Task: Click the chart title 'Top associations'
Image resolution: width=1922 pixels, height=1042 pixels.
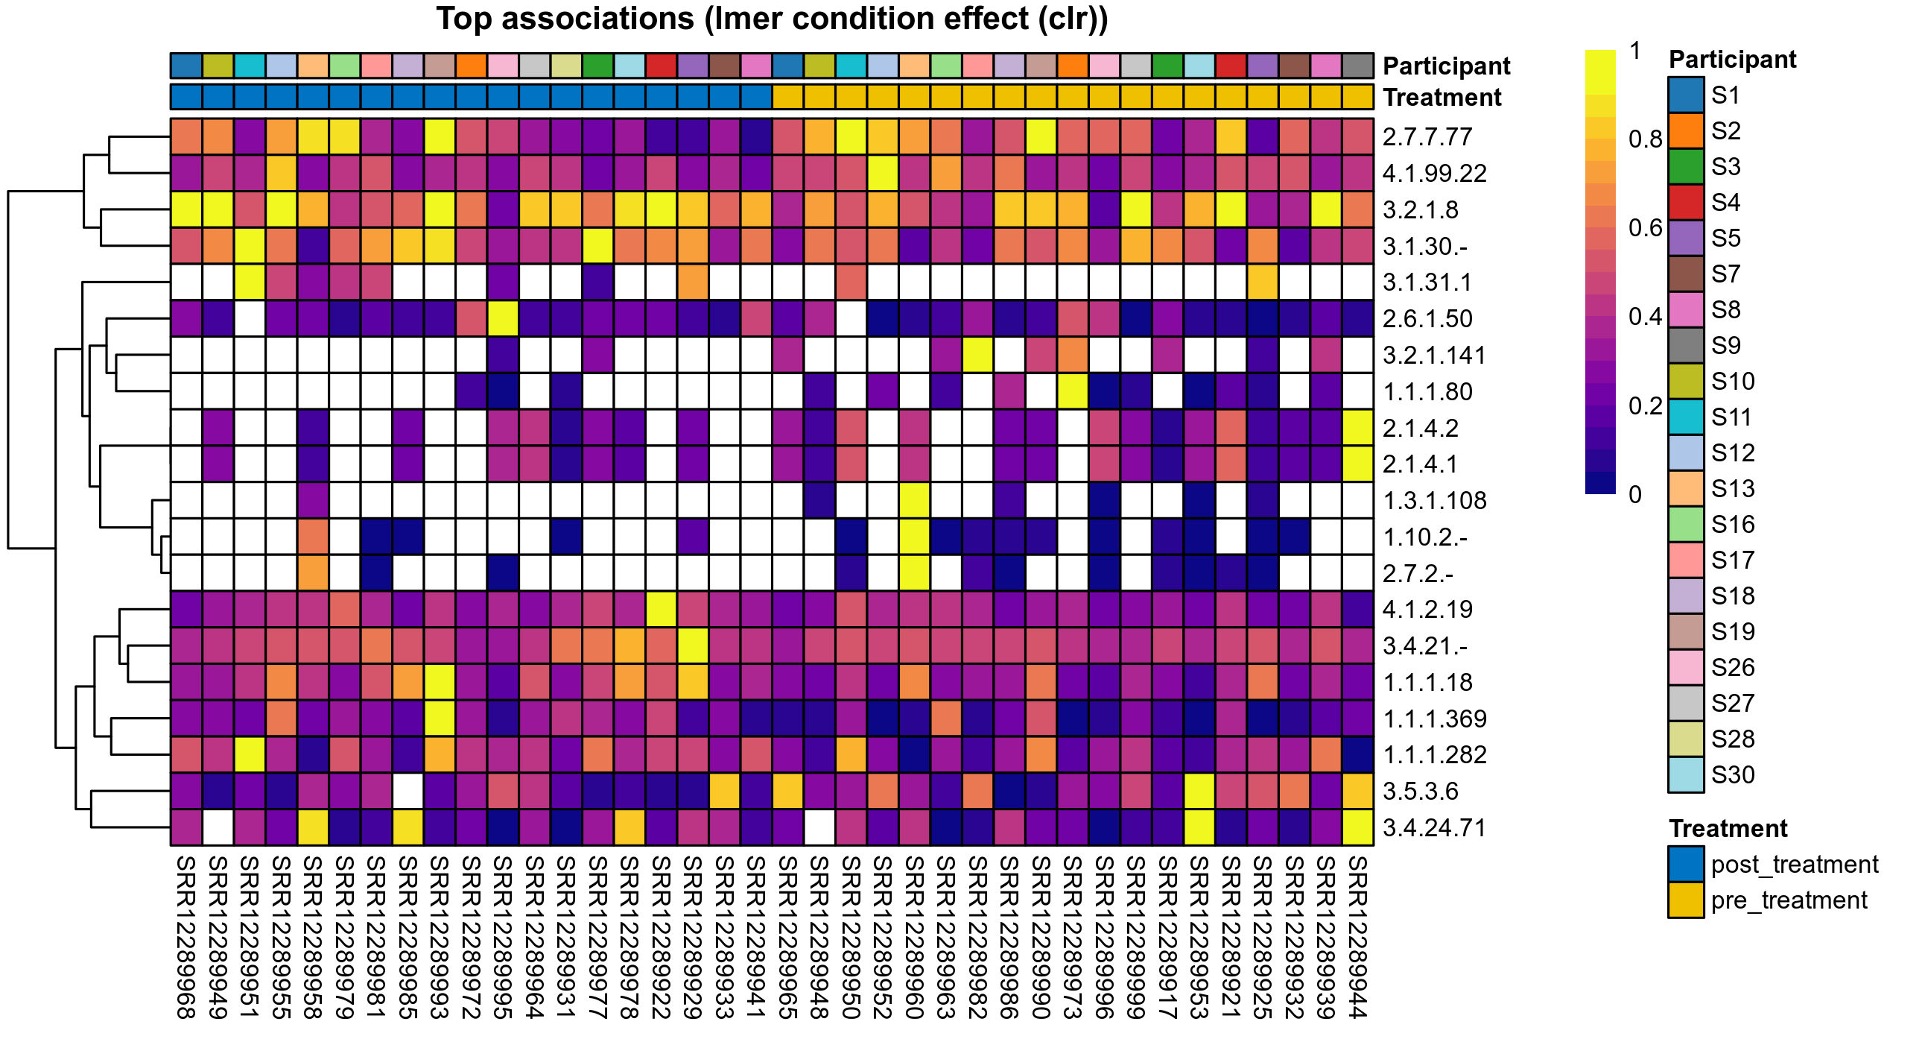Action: click(772, 19)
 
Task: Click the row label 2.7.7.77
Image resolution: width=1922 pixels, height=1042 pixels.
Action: click(1427, 137)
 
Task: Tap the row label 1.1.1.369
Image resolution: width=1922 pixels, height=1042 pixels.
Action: click(1434, 719)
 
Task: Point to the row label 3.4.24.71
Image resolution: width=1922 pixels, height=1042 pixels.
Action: click(1434, 828)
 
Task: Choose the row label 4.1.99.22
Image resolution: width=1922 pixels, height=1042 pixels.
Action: click(1434, 173)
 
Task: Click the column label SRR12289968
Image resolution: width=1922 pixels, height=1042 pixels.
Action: click(185, 938)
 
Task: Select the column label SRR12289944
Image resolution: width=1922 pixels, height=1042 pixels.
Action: click(1357, 938)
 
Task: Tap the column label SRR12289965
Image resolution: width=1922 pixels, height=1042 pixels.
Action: click(787, 938)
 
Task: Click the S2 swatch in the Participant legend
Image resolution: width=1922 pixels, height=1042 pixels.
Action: click(1686, 131)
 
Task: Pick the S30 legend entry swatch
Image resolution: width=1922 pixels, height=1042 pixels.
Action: click(1686, 774)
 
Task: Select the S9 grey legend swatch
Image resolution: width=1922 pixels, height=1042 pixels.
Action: click(1686, 346)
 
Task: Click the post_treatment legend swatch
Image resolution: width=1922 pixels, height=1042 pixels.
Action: click(1686, 865)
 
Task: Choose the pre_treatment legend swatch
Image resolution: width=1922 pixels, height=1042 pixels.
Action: click(1686, 900)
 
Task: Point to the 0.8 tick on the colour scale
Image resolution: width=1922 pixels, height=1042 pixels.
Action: click(1644, 139)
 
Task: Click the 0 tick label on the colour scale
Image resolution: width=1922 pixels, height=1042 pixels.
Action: click(1634, 495)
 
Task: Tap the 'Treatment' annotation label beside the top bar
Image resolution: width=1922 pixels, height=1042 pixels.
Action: click(1441, 98)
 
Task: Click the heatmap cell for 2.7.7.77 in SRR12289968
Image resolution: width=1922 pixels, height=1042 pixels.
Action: click(186, 136)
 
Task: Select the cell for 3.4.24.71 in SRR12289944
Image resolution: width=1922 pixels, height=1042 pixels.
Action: click(1358, 828)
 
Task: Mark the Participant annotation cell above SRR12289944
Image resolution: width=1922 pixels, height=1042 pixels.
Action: click(1358, 66)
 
